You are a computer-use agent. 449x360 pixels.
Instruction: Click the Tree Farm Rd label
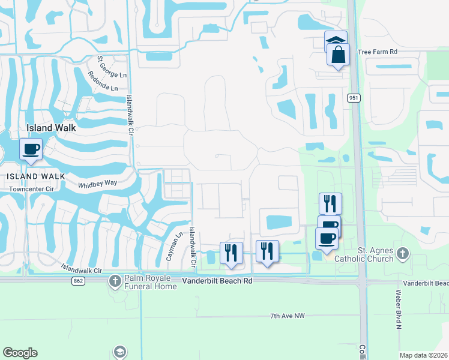tap(378, 52)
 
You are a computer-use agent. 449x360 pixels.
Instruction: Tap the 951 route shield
tap(352, 98)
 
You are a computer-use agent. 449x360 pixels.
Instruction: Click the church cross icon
tap(403, 254)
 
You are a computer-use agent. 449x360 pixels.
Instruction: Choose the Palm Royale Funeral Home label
tap(151, 282)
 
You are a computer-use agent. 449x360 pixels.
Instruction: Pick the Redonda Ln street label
tap(102, 81)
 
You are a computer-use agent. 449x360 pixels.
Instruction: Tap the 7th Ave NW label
tap(288, 316)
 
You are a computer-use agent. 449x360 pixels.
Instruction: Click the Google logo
tap(20, 353)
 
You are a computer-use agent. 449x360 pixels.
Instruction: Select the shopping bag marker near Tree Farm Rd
tap(338, 55)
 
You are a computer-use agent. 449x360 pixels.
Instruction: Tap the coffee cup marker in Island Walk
tap(30, 149)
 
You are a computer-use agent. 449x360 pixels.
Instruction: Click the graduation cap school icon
tap(119, 352)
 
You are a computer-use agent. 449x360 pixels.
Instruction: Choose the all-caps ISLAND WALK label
tap(32, 176)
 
